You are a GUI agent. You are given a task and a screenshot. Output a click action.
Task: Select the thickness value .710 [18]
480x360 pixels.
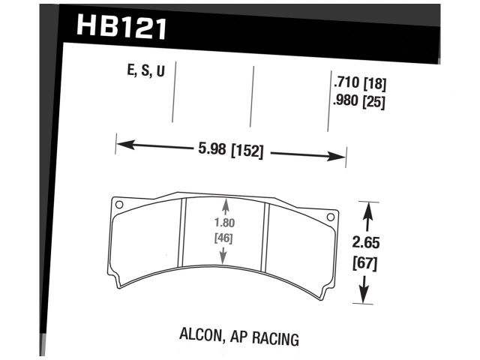[358, 84]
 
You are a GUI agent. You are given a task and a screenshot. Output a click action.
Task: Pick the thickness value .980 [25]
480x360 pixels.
[358, 103]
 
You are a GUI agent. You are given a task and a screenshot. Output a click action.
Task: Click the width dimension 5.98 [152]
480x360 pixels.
[229, 150]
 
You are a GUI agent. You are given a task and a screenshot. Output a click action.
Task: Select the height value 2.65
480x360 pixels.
[364, 242]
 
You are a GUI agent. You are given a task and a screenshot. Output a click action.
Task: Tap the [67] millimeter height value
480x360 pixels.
[364, 263]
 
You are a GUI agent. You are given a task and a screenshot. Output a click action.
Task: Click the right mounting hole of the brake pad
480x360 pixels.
[331, 217]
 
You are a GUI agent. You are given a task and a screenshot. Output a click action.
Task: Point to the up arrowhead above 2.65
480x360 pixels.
[365, 211]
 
